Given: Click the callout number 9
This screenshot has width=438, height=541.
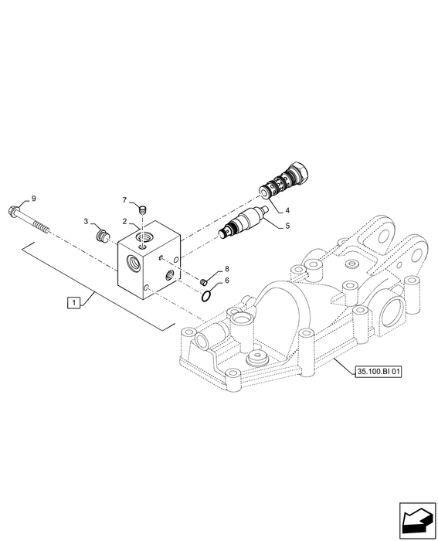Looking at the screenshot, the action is (x=33, y=199).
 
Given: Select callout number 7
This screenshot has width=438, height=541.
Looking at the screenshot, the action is (x=125, y=199).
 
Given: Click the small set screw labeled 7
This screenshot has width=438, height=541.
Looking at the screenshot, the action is (x=143, y=209).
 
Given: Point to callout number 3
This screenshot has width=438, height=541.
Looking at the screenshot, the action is (x=87, y=221).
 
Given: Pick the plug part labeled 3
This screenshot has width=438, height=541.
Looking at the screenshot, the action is (x=100, y=236).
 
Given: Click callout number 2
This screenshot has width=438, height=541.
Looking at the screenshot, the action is (x=125, y=221).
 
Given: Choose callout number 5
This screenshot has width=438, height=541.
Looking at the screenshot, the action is (x=287, y=226).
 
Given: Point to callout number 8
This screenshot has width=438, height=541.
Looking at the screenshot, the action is (x=227, y=269).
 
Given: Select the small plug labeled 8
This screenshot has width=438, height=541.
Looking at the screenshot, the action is (x=203, y=282).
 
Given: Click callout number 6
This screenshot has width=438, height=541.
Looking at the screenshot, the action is (x=227, y=281).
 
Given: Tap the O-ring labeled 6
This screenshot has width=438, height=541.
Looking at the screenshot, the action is (x=206, y=297).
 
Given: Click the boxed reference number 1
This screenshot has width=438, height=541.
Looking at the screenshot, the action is (x=73, y=303).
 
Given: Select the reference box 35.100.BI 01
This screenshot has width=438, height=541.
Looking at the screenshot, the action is (x=379, y=372).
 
